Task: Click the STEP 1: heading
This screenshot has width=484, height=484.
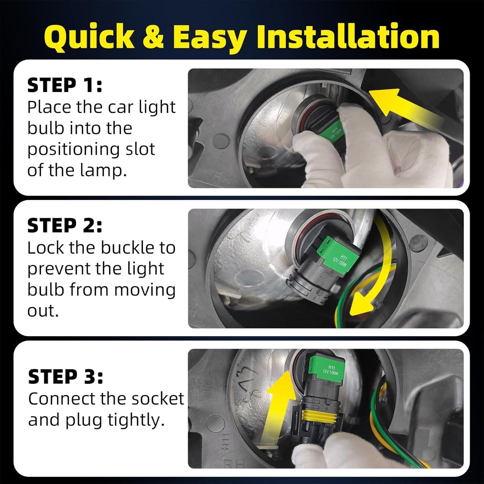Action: click(65, 86)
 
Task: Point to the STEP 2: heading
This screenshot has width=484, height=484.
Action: click(65, 226)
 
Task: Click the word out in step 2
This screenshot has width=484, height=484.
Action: click(43, 311)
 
